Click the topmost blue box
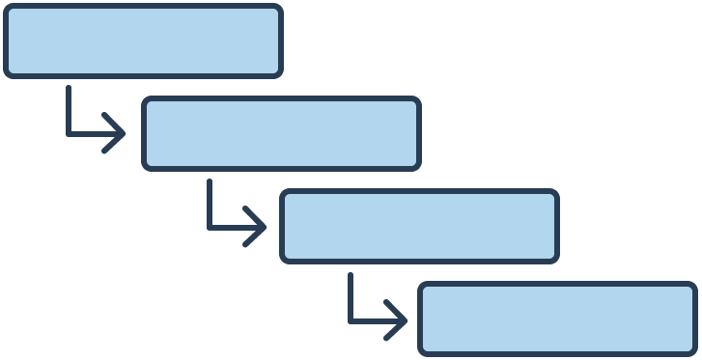click(x=143, y=41)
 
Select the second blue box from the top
click(x=281, y=133)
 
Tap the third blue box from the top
click(x=419, y=226)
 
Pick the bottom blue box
click(x=557, y=318)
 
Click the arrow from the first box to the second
click(x=87, y=133)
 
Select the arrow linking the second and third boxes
click(x=228, y=227)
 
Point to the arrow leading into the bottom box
click(x=368, y=319)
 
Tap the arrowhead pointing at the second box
click(x=120, y=133)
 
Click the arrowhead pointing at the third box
click(x=261, y=227)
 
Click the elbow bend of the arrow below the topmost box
click(x=69, y=133)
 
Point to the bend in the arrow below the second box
click(x=210, y=227)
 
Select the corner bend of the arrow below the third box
click(x=351, y=319)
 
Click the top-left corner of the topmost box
click(x=7, y=8)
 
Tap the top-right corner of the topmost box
click(x=279, y=8)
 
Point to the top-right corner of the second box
click(x=417, y=100)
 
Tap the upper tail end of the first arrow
click(x=69, y=88)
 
